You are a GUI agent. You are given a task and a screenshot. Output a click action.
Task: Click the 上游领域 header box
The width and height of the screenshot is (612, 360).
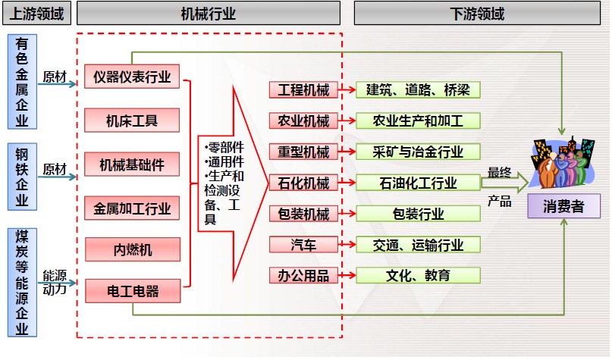(x=36, y=14)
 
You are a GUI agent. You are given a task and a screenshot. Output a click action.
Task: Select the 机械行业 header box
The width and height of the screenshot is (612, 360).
(x=209, y=14)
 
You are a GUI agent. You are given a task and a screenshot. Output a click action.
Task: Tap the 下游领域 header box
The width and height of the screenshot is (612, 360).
(x=477, y=14)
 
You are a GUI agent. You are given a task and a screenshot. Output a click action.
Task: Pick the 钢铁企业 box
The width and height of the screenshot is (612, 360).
(x=22, y=177)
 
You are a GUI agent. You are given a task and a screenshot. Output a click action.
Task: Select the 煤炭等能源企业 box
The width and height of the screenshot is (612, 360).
(x=22, y=282)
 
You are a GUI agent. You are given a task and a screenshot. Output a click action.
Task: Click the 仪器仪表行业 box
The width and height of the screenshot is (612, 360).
(x=132, y=76)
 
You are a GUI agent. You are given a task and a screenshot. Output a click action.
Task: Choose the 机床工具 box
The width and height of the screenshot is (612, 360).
(x=132, y=120)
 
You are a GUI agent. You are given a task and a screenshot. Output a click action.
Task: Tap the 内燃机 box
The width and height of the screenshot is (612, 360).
(x=132, y=249)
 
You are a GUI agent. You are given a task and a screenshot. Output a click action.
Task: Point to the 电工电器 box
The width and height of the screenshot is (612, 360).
(x=132, y=290)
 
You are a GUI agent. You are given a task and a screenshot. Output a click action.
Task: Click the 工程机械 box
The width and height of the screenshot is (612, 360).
(x=303, y=90)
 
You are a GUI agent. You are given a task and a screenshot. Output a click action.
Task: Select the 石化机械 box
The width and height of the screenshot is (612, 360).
(x=303, y=182)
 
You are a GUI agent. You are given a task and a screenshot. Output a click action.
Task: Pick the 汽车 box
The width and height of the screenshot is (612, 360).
(x=303, y=244)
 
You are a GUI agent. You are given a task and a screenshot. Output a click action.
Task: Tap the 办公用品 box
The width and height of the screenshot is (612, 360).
(x=303, y=275)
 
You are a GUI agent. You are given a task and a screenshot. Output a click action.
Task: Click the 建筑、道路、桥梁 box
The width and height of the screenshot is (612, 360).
(x=418, y=90)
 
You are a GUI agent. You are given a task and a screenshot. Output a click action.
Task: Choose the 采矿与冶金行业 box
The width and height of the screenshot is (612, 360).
(x=418, y=152)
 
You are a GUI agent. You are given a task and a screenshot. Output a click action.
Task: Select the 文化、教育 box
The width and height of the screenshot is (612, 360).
(x=418, y=275)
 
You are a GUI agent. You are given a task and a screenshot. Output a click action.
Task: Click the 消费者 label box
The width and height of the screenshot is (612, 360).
(x=563, y=205)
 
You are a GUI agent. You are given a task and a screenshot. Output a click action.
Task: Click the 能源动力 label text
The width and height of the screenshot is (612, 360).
(x=55, y=281)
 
